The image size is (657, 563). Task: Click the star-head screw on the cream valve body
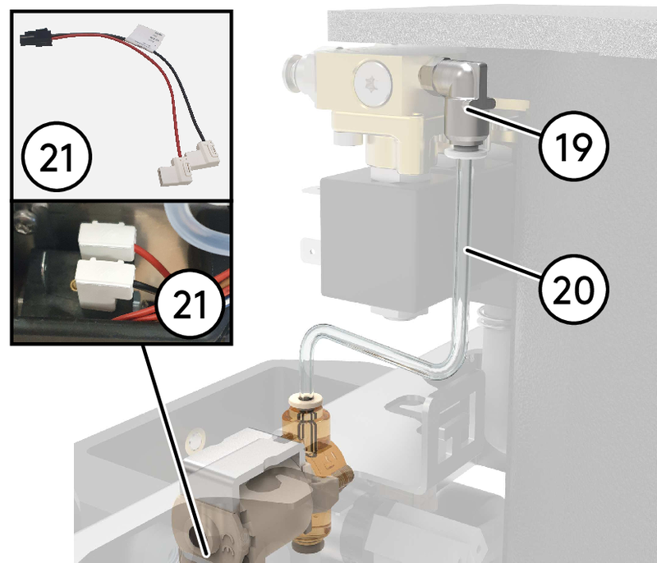(x=368, y=83)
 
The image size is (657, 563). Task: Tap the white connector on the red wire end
(x=174, y=172)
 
